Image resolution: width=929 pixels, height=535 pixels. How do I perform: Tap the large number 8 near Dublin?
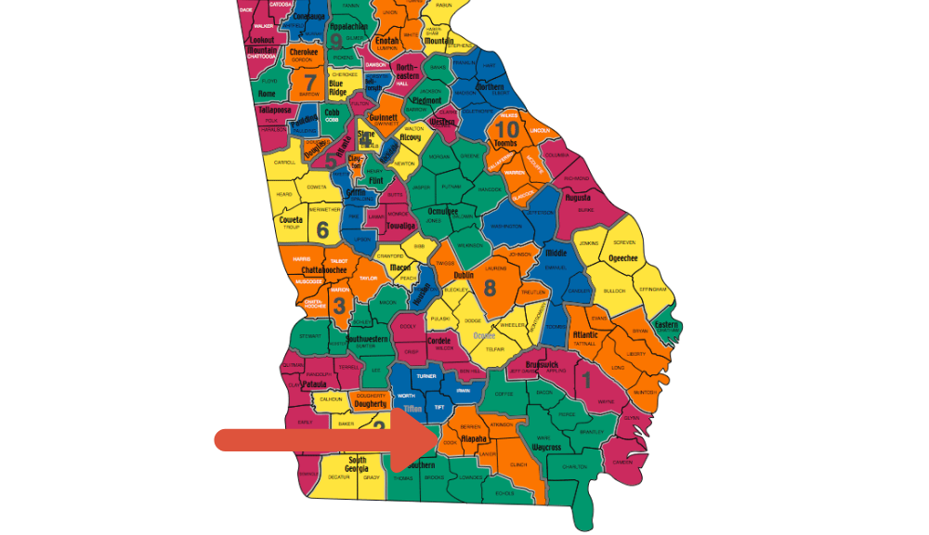tap(490, 287)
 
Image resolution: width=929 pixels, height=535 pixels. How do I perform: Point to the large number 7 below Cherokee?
tap(309, 81)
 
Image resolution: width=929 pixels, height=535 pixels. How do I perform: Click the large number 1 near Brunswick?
tap(586, 379)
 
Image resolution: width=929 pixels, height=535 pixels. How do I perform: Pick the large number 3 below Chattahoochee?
tap(339, 306)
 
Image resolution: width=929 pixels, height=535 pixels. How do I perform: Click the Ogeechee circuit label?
tap(622, 257)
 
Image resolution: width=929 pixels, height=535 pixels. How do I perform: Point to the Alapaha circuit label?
tap(474, 438)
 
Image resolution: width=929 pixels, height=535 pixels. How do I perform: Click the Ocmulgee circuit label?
tap(443, 212)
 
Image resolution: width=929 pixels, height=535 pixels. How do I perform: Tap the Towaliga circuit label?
tap(400, 225)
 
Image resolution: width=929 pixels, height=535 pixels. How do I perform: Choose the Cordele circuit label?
tap(438, 341)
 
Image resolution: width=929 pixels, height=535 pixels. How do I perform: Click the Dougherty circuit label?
tap(371, 404)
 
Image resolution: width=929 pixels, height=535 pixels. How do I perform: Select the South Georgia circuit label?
tap(357, 464)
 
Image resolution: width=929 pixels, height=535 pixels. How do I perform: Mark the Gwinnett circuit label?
tap(383, 118)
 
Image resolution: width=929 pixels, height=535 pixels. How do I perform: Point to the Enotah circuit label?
tap(387, 42)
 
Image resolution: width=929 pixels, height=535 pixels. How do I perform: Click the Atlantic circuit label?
tap(585, 334)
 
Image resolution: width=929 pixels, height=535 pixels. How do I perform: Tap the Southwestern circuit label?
tap(372, 340)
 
